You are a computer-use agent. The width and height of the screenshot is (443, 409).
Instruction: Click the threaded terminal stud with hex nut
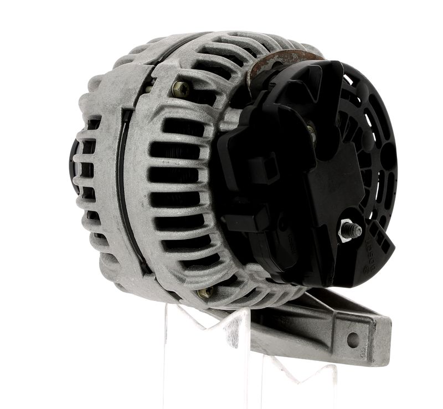350,230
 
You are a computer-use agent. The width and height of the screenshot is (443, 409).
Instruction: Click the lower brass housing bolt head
205,292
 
